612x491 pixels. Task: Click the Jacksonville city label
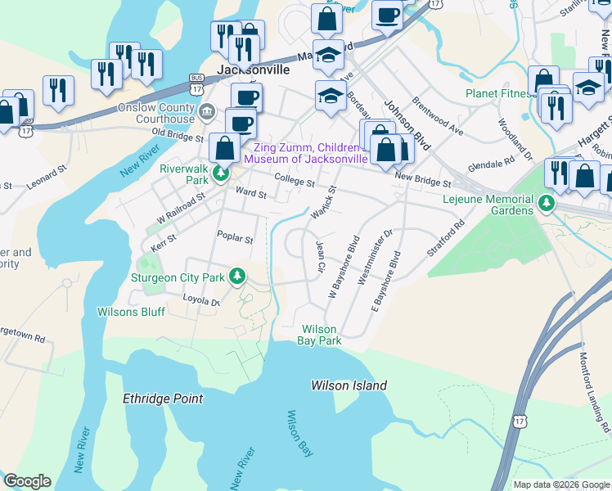coord(253,70)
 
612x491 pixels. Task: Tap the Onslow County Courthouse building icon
coord(206,111)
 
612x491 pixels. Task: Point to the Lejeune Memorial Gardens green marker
coord(547,202)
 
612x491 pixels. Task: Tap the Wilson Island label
coord(349,385)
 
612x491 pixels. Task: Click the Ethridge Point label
coord(162,399)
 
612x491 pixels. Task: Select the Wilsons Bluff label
coord(130,312)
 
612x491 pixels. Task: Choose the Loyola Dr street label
coord(201,301)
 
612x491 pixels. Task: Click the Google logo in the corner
coord(27,481)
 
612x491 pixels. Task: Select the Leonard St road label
coord(46,179)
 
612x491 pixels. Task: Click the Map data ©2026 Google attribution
coord(560,484)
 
